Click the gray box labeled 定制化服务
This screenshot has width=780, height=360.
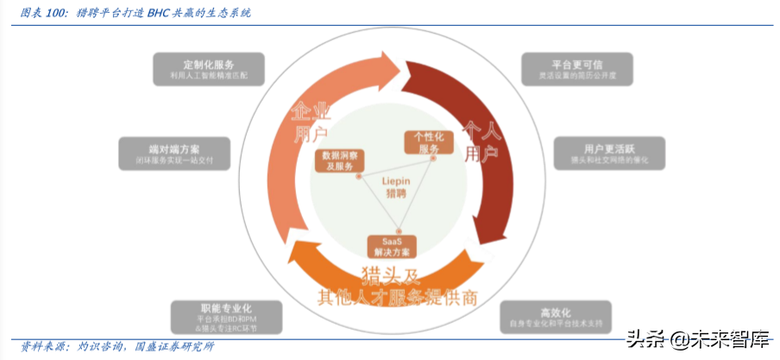[x=209, y=69]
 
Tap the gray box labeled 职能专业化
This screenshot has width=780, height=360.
[x=226, y=316]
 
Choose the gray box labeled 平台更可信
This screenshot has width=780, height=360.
[x=576, y=69]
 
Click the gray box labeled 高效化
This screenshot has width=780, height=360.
[x=555, y=316]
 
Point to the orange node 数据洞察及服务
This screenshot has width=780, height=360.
[x=337, y=161]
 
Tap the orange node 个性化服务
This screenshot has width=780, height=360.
[x=428, y=142]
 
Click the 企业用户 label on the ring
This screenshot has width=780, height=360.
[x=310, y=122]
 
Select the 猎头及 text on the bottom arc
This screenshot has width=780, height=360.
[x=395, y=278]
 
